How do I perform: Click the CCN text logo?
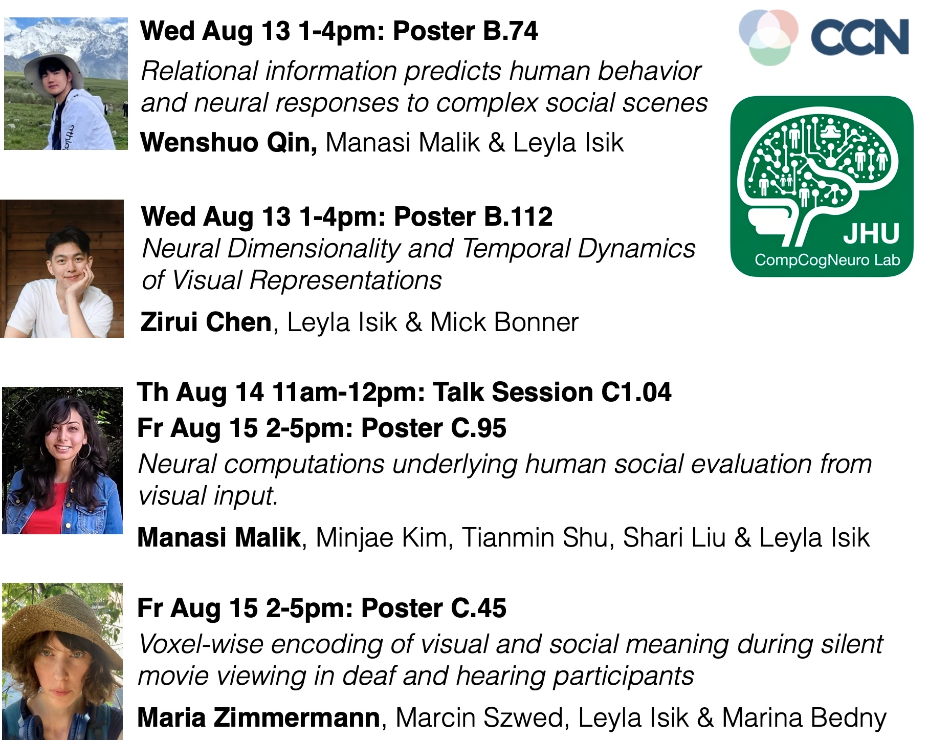tap(860, 37)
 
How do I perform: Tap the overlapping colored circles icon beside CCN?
tap(768, 37)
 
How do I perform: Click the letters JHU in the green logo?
tap(871, 233)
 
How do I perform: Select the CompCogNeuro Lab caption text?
tap(827, 260)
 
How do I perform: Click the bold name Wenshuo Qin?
tap(229, 142)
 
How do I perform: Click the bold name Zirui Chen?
tap(206, 322)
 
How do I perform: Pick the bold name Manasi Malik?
tap(219, 537)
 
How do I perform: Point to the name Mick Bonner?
tap(504, 322)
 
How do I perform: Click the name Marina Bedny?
tap(804, 717)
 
